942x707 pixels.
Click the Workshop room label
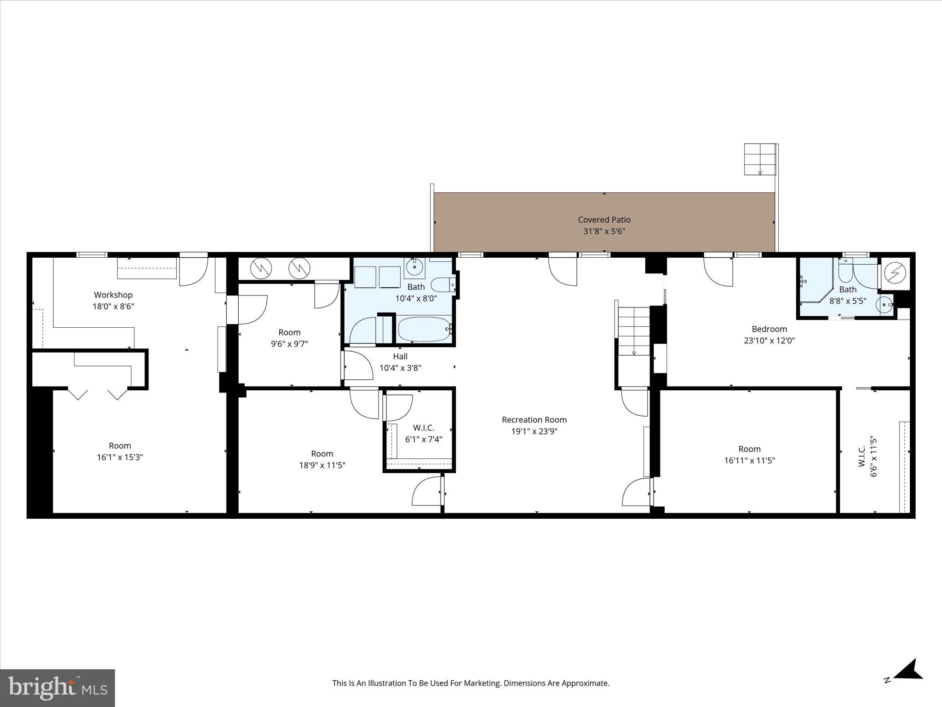pyautogui.click(x=113, y=295)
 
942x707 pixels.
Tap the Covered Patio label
pyautogui.click(x=604, y=220)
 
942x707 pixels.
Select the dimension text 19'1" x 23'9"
pyautogui.click(x=534, y=431)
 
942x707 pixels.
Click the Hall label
pyautogui.click(x=400, y=356)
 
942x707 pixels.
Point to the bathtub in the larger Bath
pyautogui.click(x=424, y=329)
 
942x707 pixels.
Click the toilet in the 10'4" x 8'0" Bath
pyautogui.click(x=442, y=285)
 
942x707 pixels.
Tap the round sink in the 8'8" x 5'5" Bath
pyautogui.click(x=884, y=305)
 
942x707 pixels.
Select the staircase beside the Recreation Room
pyautogui.click(x=633, y=331)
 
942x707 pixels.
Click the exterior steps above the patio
pyautogui.click(x=759, y=159)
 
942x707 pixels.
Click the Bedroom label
pyautogui.click(x=769, y=329)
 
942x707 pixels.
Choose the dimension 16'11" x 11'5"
pyautogui.click(x=749, y=460)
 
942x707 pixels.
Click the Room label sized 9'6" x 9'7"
pyautogui.click(x=289, y=332)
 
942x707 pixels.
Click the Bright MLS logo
pyautogui.click(x=57, y=688)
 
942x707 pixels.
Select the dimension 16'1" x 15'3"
pyautogui.click(x=120, y=457)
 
